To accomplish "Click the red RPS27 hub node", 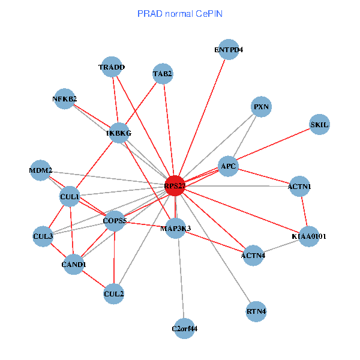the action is [x=175, y=186].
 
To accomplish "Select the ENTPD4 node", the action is [x=229, y=50].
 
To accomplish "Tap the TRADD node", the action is [x=112, y=68].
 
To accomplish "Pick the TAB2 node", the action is [x=163, y=74].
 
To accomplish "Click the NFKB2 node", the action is [x=65, y=99].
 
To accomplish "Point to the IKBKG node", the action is [x=119, y=133].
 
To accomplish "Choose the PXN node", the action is [x=262, y=107].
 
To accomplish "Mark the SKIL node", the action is [x=320, y=125].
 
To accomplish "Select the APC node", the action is [x=229, y=166].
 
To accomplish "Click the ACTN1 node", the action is [x=299, y=187].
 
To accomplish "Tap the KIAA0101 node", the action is [x=309, y=236].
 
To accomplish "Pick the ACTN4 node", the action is [x=253, y=256].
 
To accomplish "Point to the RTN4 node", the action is [x=256, y=311].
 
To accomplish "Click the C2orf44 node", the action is [x=185, y=328].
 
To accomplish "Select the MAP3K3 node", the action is [x=175, y=229].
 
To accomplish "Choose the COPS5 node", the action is [x=115, y=221].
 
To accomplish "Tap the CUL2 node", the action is [x=114, y=294].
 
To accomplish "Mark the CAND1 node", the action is [x=74, y=265].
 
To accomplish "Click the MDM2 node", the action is [x=41, y=170].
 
